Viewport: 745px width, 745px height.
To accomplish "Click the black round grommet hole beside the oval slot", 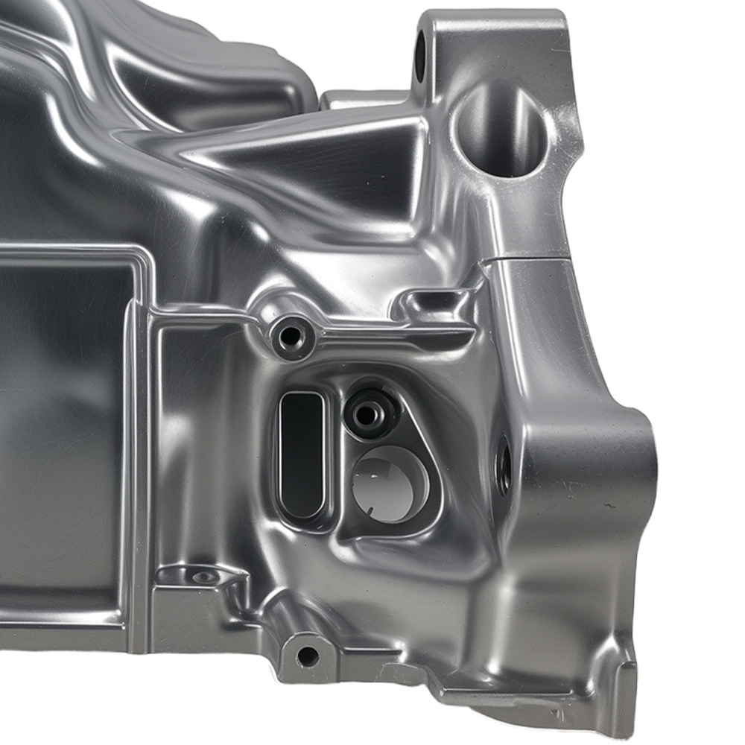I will click(x=370, y=412).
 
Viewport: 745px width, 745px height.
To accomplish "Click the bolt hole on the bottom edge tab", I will click(x=307, y=656).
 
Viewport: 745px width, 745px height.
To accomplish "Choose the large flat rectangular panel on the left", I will click(x=60, y=425).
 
